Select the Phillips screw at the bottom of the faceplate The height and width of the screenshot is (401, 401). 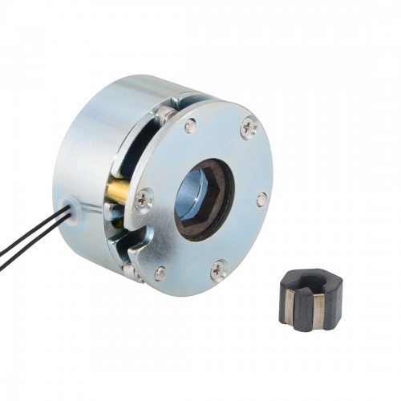pos(219,271)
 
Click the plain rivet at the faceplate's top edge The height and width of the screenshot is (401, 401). pos(190,125)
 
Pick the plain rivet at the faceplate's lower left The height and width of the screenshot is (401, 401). pos(160,273)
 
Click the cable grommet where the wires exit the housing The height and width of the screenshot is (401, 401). pos(75,205)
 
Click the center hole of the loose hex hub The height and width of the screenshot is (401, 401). pos(311,282)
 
